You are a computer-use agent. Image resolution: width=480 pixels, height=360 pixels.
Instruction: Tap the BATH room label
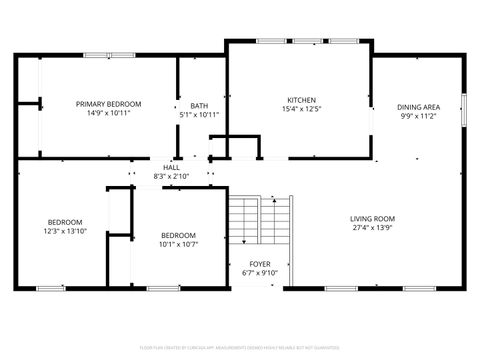[x=199, y=105]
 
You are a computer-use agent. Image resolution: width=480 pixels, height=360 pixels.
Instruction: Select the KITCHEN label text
[x=301, y=100]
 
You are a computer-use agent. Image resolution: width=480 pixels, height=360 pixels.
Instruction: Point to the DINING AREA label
[x=418, y=106]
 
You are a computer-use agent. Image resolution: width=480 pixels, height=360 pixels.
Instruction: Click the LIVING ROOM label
[x=372, y=218]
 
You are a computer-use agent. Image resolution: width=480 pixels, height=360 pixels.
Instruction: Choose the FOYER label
[x=260, y=262]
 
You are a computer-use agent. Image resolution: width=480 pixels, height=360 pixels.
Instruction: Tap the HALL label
[x=171, y=167]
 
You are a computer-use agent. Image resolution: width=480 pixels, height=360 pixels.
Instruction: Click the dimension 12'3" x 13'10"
[x=65, y=231]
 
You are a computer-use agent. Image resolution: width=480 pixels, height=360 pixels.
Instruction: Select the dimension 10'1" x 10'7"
[x=179, y=244]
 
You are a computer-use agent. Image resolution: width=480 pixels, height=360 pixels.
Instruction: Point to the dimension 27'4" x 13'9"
[x=372, y=228]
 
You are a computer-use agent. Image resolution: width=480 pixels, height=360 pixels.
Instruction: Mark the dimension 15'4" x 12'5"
[x=301, y=109]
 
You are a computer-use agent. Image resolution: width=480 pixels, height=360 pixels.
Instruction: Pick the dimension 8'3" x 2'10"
[x=171, y=176]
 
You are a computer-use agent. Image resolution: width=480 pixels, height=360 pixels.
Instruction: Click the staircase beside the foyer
[x=259, y=220]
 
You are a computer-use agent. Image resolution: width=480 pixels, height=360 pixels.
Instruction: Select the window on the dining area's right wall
[x=464, y=108]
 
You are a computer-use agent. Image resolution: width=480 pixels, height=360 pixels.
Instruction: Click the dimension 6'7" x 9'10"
[x=260, y=272]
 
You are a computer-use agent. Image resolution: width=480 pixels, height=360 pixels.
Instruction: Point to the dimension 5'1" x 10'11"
[x=199, y=114]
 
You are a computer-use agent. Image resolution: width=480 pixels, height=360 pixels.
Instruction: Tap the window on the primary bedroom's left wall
[x=40, y=90]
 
